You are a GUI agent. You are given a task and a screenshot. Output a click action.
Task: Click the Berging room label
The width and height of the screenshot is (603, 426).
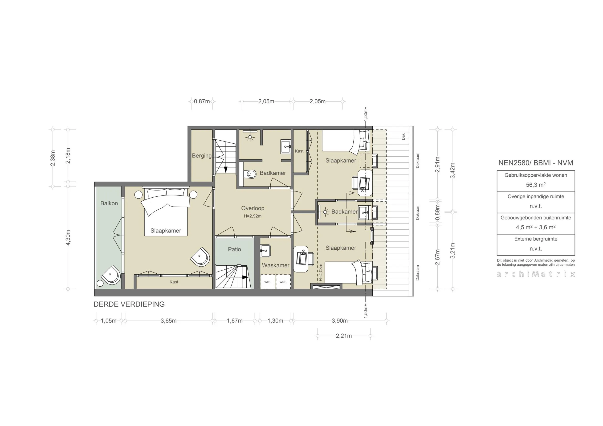tap(201, 156)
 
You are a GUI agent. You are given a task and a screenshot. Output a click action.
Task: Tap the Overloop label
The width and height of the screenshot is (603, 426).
tap(253, 208)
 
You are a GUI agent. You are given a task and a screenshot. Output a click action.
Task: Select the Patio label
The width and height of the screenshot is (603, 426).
tap(234, 249)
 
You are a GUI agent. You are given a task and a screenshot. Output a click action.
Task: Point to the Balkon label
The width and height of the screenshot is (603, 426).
tap(109, 203)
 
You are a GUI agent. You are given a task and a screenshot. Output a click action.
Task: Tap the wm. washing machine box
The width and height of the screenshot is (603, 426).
tap(268, 282)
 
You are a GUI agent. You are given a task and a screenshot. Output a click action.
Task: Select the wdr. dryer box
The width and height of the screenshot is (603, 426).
tap(283, 282)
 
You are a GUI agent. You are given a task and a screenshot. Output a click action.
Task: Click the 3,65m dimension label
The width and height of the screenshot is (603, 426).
tap(169, 321)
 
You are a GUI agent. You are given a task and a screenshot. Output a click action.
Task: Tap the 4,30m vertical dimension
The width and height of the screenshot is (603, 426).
tap(68, 237)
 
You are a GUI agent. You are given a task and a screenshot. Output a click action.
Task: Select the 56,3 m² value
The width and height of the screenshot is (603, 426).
tap(535, 185)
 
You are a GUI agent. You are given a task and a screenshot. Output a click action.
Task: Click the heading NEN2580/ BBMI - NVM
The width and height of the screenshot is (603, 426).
tap(535, 163)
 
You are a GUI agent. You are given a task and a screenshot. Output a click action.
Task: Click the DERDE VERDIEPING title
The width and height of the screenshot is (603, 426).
tap(129, 304)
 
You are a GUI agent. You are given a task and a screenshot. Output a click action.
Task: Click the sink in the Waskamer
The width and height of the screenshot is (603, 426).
tap(265, 251)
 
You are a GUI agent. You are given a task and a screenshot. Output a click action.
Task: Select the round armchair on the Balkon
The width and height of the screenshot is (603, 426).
tap(111, 274)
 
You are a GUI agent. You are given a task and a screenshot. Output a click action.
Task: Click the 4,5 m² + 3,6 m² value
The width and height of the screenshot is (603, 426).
tap(535, 227)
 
